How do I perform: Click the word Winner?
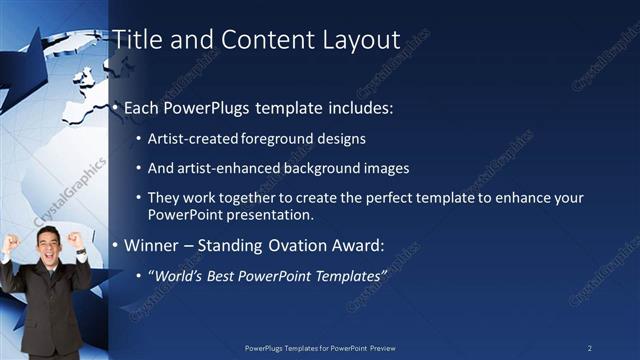(x=152, y=244)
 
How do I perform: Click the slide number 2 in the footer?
(x=590, y=347)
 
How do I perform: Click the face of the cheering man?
(x=48, y=243)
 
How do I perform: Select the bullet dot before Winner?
(x=115, y=244)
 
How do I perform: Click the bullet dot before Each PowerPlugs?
(x=115, y=107)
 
